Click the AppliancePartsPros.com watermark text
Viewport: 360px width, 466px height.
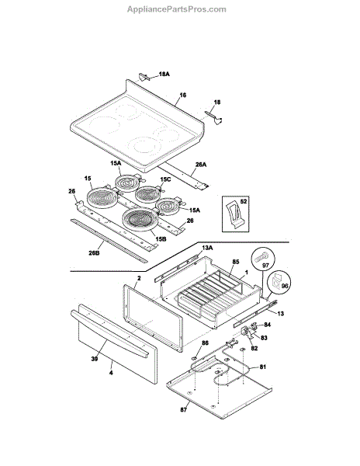coord(177,9)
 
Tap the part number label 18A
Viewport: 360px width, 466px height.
coord(164,74)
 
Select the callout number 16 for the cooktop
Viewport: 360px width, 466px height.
coord(183,95)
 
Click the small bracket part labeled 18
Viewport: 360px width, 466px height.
coord(215,117)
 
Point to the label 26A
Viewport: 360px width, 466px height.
coord(201,165)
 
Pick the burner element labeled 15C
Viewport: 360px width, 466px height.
coord(148,193)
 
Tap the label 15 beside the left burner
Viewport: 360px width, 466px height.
coord(88,179)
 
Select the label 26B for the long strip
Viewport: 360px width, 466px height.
coord(94,253)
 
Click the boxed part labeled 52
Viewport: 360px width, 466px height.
coord(234,214)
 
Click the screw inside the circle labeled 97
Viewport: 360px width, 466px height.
coord(261,256)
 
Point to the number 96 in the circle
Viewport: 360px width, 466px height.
coord(285,286)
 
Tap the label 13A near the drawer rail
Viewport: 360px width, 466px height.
coord(207,248)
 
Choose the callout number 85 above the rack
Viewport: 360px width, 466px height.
coord(236,262)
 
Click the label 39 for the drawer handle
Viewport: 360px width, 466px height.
coord(95,359)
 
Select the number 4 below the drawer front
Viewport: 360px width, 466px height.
coord(111,372)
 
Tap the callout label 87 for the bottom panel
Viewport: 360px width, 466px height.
coord(184,410)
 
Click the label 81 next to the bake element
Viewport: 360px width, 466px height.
coord(263,367)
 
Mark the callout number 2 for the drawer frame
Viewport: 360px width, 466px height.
coord(139,279)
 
